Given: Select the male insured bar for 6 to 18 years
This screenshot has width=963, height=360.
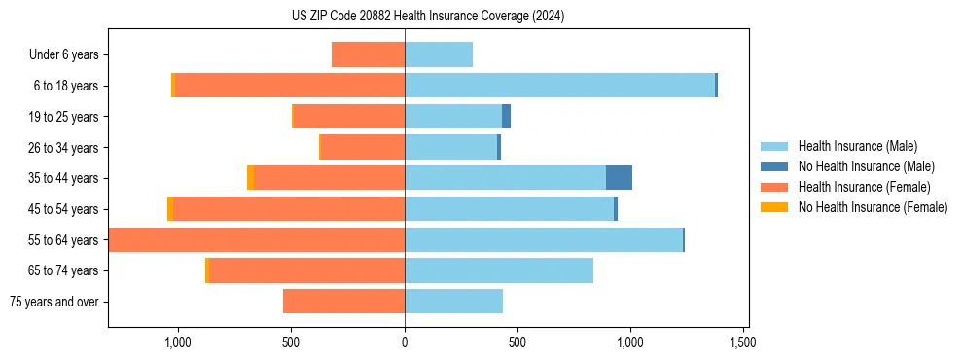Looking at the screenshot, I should pos(559,86).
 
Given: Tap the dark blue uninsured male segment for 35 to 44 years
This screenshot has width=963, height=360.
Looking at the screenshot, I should pos(619,178).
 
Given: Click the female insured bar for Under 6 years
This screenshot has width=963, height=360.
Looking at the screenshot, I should pos(368,54).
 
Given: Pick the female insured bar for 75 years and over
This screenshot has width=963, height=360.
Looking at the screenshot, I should pos(343,302).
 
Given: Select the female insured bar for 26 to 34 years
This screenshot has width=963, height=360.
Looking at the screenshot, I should pos(362,147).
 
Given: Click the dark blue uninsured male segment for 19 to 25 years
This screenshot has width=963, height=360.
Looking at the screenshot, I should pos(506,117).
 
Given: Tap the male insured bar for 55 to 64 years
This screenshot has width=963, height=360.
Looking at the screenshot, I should pos(544,239).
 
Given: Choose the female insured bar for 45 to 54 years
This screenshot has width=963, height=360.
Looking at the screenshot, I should pos(289,209).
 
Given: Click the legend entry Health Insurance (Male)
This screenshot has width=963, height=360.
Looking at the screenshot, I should pos(856,146).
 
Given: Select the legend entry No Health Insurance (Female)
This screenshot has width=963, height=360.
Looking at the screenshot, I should pos(873,207).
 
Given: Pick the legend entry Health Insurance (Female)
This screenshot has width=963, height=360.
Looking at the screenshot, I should pos(864,187).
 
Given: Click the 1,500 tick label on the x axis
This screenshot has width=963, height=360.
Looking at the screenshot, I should pos(743,342).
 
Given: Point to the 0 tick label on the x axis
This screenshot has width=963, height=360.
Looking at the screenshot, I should pos(405,342).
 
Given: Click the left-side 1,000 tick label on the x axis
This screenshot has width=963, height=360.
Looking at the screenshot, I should pos(178,342).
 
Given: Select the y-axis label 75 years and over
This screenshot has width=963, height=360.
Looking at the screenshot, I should pos(54,302).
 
